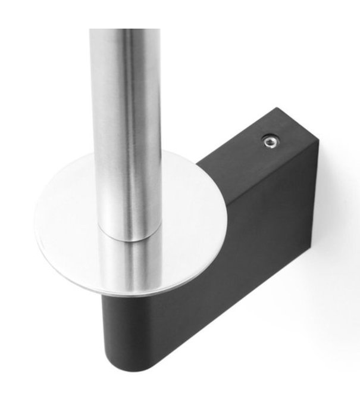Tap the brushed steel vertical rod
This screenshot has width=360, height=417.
[125, 119]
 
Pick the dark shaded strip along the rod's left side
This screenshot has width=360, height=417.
[95, 119]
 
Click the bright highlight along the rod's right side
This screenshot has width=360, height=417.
[149, 119]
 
